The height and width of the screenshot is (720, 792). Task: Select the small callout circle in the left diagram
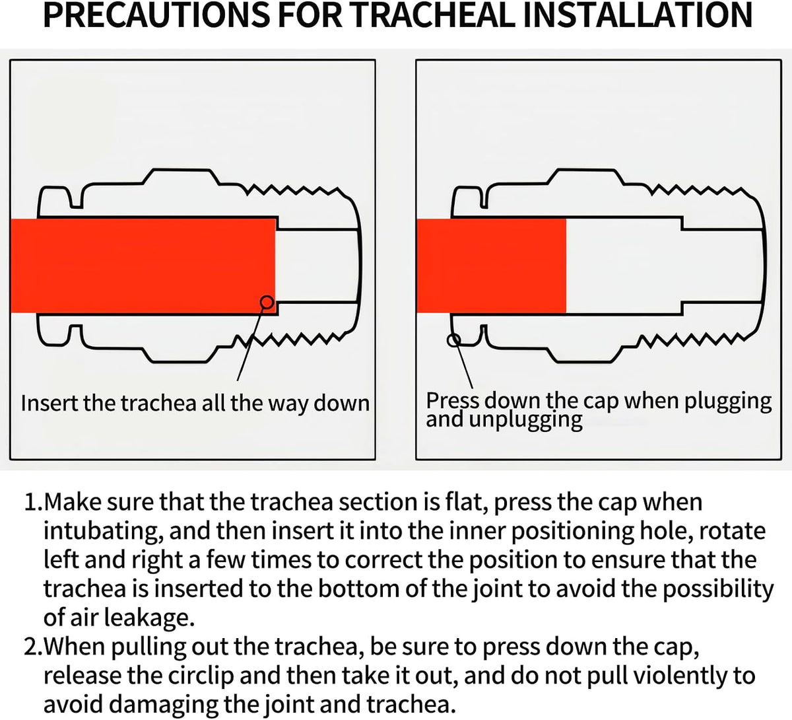pyautogui.click(x=267, y=302)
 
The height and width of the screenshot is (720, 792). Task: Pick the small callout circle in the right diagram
pyautogui.click(x=453, y=340)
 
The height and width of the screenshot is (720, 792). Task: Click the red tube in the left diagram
pyautogui.click(x=143, y=266)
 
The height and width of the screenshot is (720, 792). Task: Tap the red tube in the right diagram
pyautogui.click(x=492, y=266)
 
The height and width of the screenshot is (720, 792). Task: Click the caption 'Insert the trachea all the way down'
pyautogui.click(x=195, y=404)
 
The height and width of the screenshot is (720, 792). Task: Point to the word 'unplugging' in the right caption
pyautogui.click(x=525, y=419)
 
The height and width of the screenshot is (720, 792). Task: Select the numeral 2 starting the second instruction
pyautogui.click(x=30, y=647)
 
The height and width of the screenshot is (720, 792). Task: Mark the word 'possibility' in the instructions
pyautogui.click(x=718, y=589)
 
